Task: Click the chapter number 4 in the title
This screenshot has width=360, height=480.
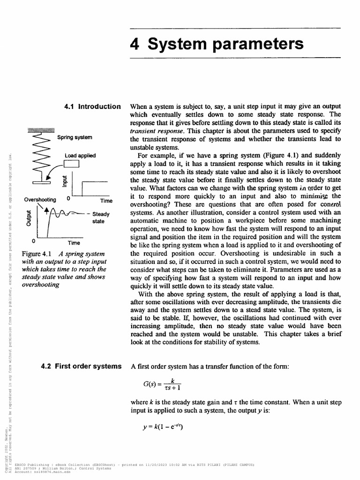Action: pos(136,44)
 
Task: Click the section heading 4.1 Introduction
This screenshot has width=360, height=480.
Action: pos(92,106)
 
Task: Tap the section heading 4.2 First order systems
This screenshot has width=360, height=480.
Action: pos(81,366)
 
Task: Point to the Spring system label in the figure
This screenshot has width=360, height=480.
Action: pos(75,138)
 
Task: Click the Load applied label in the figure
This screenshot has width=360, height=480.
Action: pos(80,155)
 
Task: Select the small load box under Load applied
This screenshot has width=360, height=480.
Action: pos(73,164)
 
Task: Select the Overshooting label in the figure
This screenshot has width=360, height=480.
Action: pos(40,199)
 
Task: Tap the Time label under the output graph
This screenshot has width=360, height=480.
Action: pos(74,243)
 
